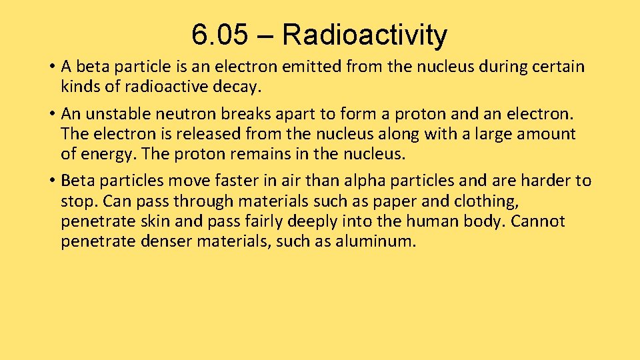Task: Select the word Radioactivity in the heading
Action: (365, 35)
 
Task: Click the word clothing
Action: (483, 201)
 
